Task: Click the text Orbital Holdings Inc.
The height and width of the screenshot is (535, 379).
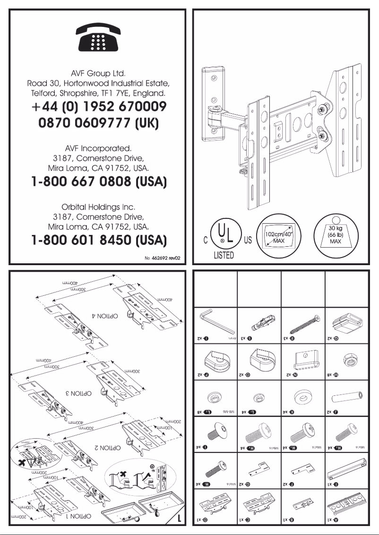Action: [98, 207]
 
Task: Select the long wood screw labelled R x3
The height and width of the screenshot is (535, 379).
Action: [302, 323]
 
